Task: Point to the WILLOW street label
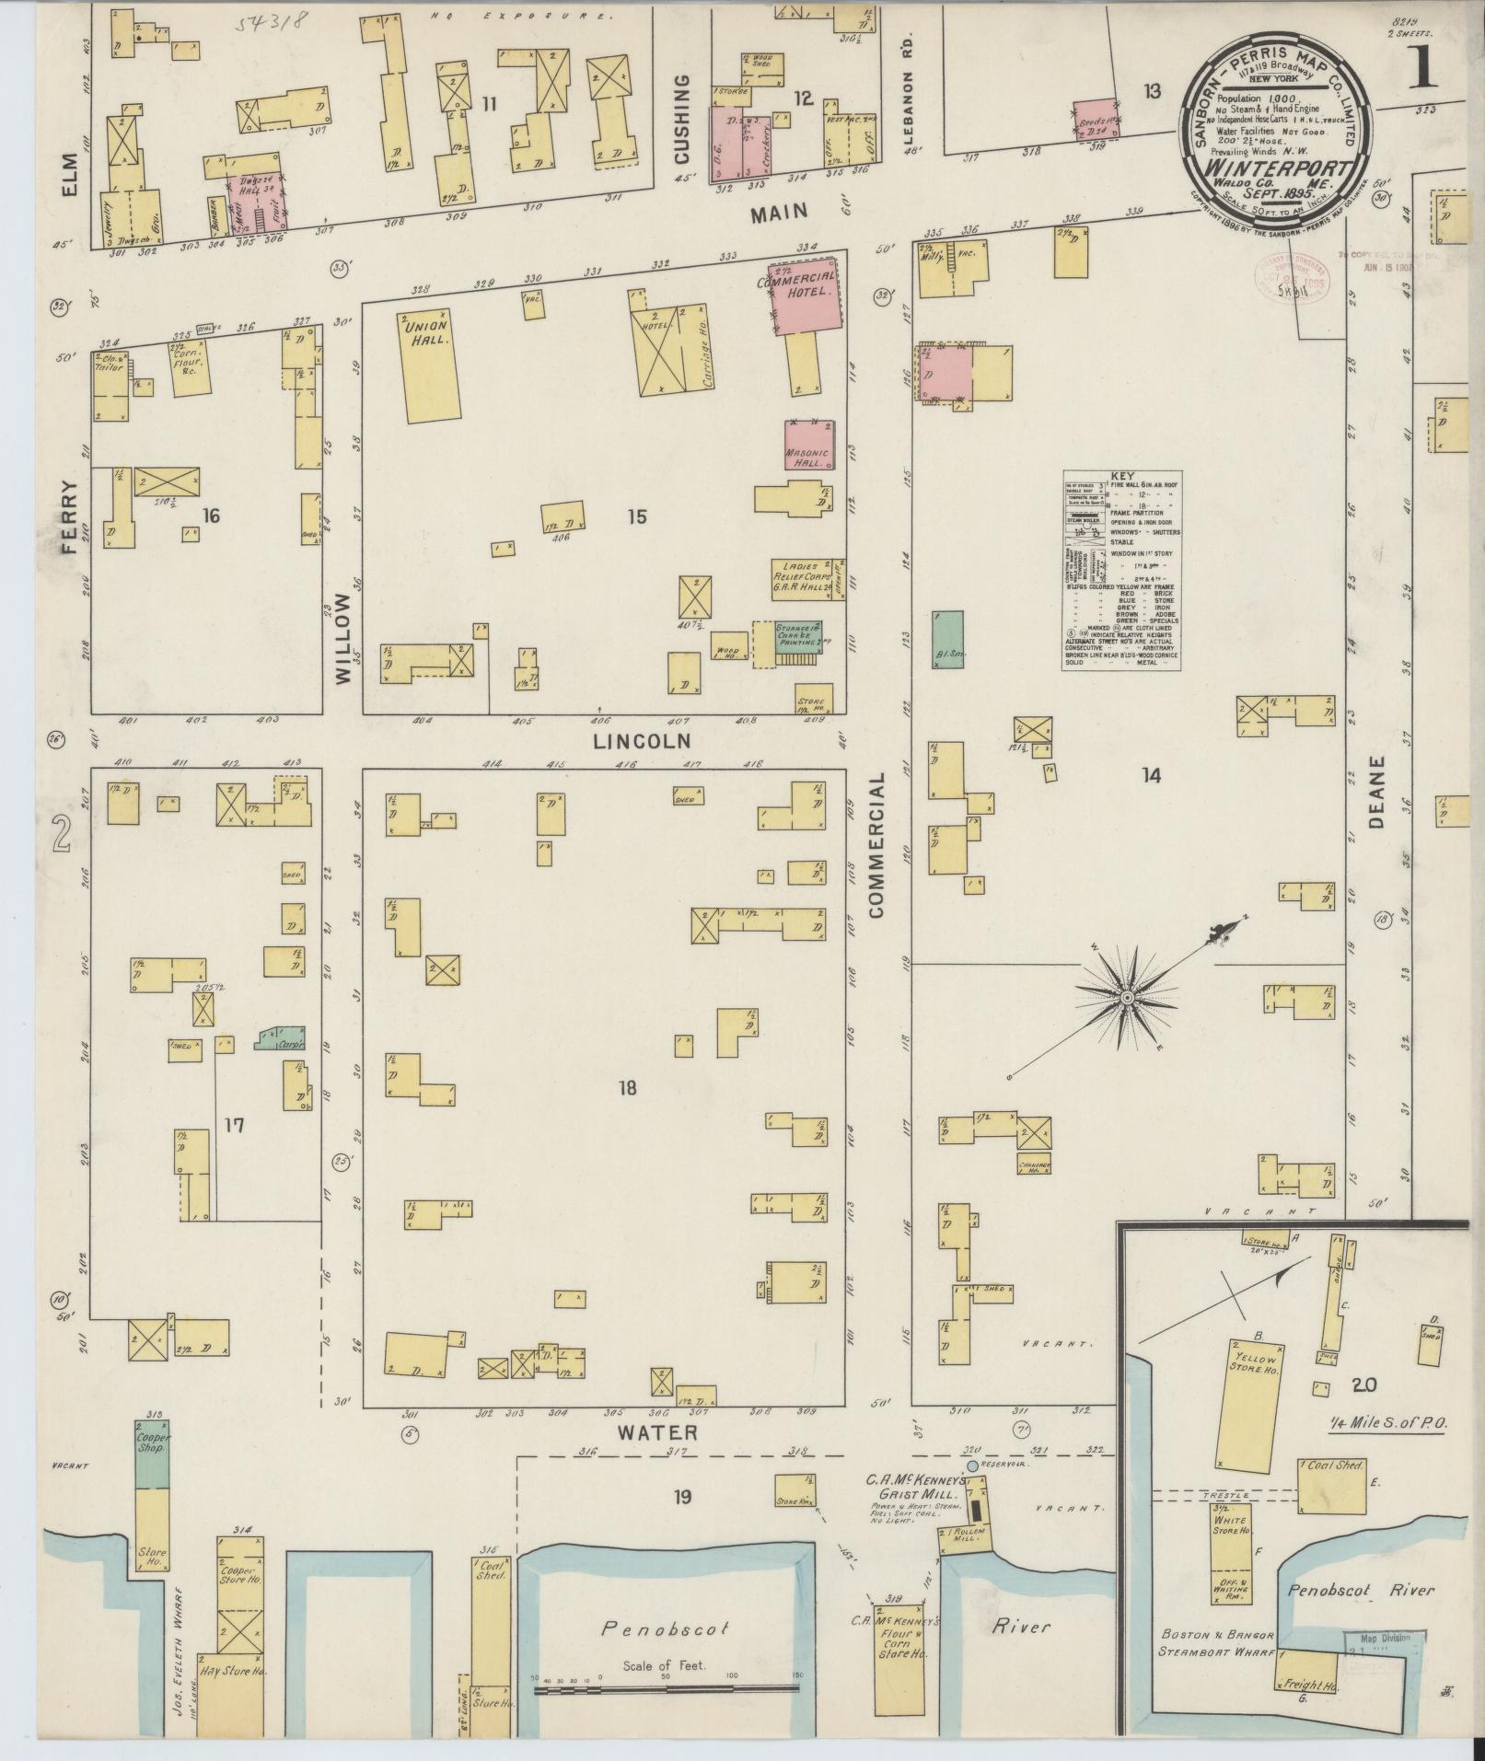pyautogui.click(x=343, y=637)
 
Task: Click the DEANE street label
pyautogui.click(x=1376, y=792)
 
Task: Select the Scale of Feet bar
pyautogui.click(x=666, y=1688)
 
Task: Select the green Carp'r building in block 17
pyautogui.click(x=282, y=1040)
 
